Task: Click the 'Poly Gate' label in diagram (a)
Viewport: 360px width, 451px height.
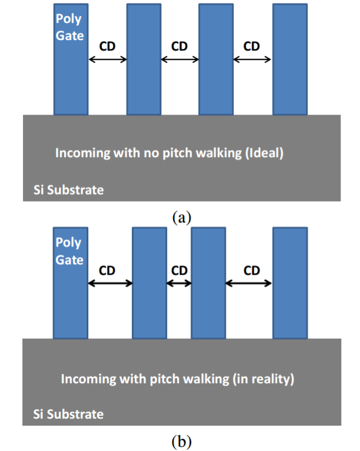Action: pos(70,27)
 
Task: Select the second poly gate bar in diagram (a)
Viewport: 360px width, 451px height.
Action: pos(144,59)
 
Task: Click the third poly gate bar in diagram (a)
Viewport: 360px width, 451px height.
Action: pos(216,59)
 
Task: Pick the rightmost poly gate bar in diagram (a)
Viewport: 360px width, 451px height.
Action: pos(289,59)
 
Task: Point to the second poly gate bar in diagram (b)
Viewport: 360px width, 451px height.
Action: pos(149,282)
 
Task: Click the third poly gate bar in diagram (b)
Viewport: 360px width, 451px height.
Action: pos(209,282)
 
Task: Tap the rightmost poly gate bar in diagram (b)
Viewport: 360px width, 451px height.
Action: pos(289,282)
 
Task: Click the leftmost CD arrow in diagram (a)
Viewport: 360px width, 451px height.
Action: pos(107,59)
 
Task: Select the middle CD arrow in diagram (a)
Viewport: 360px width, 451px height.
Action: pos(179,59)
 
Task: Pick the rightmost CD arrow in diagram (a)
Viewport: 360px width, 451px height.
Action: pos(252,59)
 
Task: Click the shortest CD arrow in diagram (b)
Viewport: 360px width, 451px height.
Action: pos(179,283)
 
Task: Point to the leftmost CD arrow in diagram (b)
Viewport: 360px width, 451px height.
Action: pos(110,283)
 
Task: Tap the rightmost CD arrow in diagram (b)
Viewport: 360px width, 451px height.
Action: pos(249,283)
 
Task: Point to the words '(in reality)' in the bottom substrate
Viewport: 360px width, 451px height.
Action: pos(263,379)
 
